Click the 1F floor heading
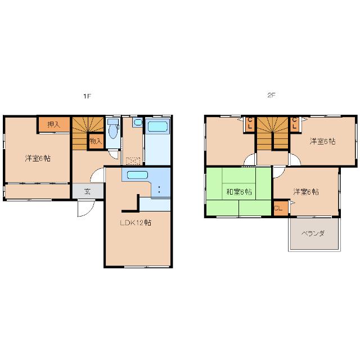coord(87,96)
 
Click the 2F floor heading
coord(271,95)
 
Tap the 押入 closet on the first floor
coord(54,125)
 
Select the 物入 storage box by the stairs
coord(96,141)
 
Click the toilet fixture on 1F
coord(112,129)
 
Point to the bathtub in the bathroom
coord(157,127)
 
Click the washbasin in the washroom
coord(137,122)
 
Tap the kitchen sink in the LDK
coord(137,175)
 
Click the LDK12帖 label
coord(136,223)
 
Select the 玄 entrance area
coord(88,191)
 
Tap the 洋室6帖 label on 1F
coord(38,158)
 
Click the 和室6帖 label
coord(239,191)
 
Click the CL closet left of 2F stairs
coord(250,124)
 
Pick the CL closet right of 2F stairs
coord(295,124)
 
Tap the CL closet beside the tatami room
coord(281,208)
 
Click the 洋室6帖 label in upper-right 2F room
coord(322,141)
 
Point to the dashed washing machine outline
coord(133,161)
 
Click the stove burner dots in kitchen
coord(159,190)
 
